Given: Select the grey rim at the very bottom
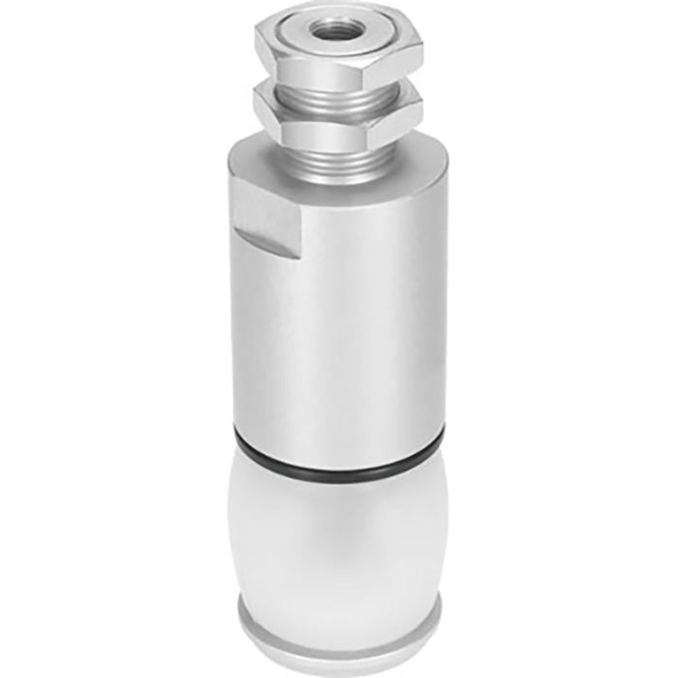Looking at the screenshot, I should tap(339, 620).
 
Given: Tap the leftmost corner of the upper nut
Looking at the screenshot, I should tap(256, 41).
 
